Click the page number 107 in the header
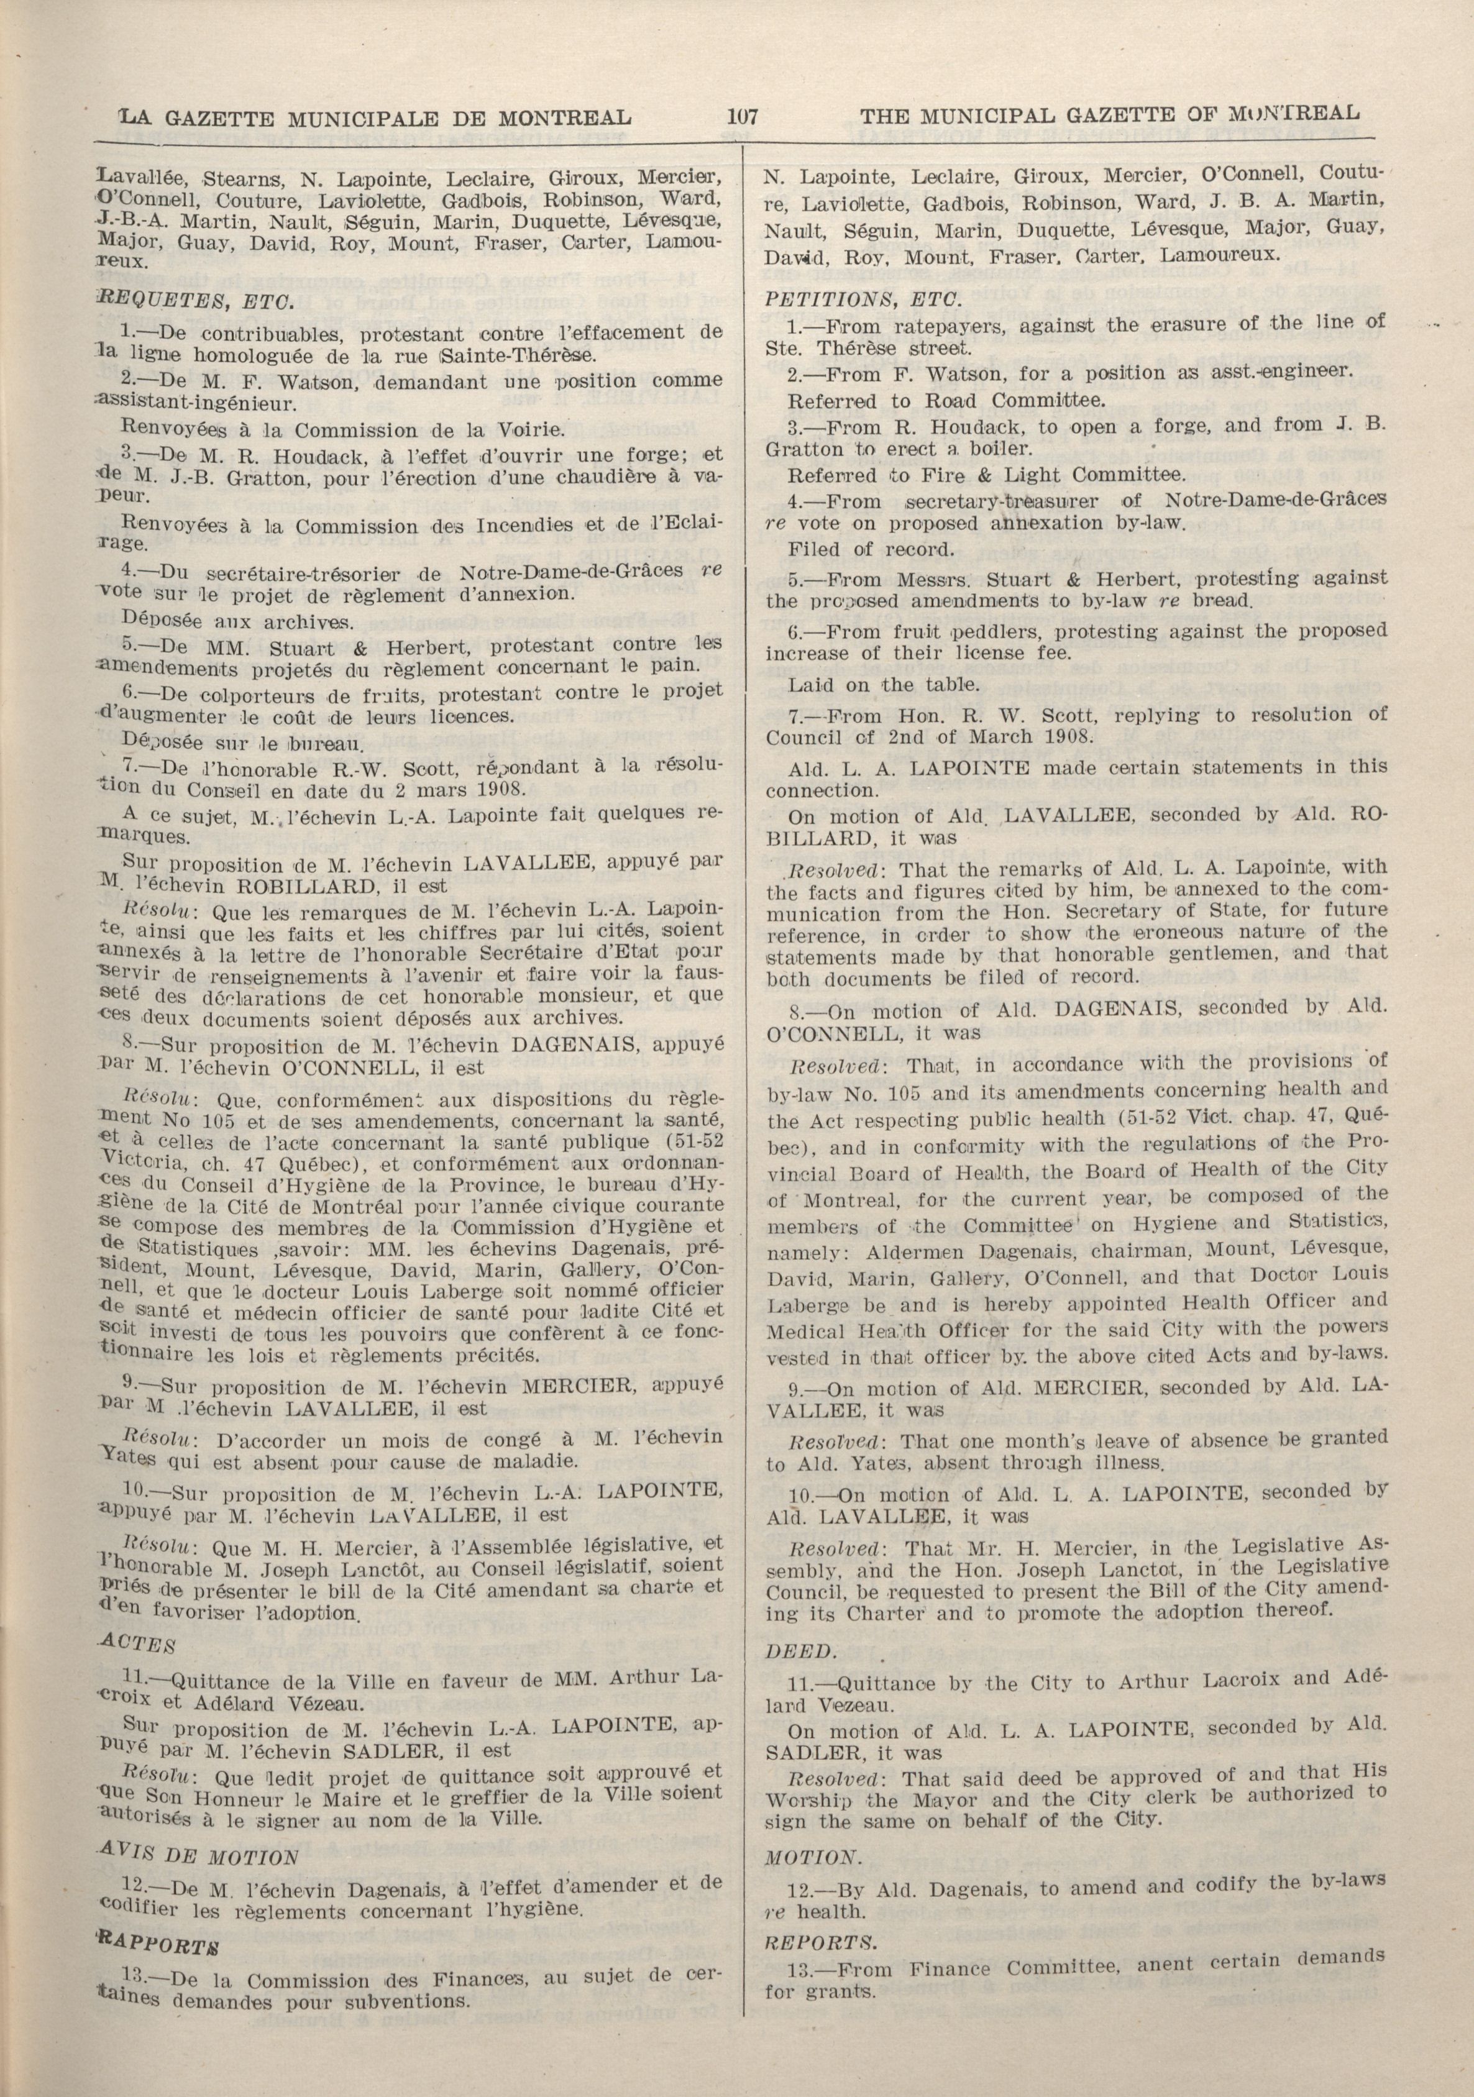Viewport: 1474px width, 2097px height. [744, 116]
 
